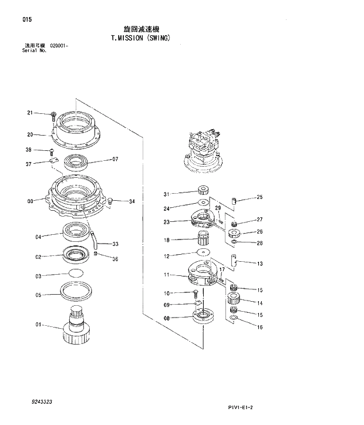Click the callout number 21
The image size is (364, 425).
29,113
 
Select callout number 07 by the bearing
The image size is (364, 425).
115,159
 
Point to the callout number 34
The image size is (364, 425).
132,201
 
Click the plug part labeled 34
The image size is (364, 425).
109,201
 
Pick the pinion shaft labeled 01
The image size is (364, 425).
76,329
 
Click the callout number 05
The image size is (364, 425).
38,295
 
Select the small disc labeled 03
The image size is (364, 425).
76,274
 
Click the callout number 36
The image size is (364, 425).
115,259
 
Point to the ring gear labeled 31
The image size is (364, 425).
204,191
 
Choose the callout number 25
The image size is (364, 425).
259,197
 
